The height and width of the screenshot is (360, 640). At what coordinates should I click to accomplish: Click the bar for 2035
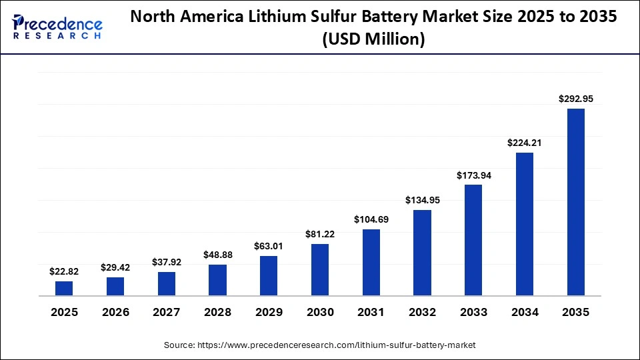[x=575, y=202]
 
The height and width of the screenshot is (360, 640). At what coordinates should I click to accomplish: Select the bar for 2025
[x=64, y=288]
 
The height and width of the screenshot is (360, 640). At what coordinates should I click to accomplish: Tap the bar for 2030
[x=320, y=269]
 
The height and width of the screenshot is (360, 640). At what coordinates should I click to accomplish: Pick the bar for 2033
[x=473, y=240]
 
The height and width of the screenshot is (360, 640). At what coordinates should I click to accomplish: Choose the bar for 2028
[x=217, y=280]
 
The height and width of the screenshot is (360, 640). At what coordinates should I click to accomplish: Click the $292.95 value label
[x=575, y=99]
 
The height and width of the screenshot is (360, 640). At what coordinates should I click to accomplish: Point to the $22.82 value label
[x=64, y=271]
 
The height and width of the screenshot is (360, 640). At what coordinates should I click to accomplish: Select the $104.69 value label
[x=371, y=219]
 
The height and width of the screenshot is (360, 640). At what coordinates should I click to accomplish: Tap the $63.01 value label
[x=269, y=246]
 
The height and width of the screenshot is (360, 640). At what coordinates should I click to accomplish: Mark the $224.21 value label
[x=525, y=143]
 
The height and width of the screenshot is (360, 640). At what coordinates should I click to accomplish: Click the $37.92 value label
[x=167, y=262]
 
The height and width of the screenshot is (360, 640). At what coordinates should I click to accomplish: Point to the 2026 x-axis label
[x=115, y=312]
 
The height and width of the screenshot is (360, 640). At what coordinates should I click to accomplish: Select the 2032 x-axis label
[x=422, y=312]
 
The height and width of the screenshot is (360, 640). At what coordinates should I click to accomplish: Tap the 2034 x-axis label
[x=525, y=312]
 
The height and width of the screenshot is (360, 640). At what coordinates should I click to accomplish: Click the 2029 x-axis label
[x=269, y=312]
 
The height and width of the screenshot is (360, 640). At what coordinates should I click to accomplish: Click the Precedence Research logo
[x=57, y=27]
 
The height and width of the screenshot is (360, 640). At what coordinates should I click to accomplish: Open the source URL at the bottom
[x=319, y=345]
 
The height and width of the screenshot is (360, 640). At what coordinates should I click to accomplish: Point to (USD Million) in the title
[x=373, y=40]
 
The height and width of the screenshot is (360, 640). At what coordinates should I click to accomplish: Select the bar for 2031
[x=371, y=262]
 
